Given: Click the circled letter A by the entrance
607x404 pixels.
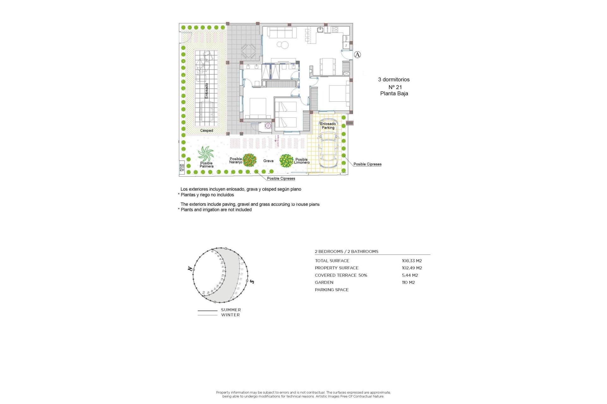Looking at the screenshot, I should tap(357, 55).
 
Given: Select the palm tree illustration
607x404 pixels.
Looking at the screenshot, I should tap(206, 154).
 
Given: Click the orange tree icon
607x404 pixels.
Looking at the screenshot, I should tap(249, 160).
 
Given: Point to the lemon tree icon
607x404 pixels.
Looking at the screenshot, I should tap(286, 161).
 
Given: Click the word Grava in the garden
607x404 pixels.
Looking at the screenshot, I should tap(268, 161).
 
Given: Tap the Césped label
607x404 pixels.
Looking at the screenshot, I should tap(206, 130).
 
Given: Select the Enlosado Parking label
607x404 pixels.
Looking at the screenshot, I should tap(328, 126).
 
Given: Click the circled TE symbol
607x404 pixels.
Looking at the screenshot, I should tap(268, 125).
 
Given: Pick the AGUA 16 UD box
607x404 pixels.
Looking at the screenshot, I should tap(182, 167).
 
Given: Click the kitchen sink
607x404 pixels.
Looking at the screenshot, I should tap(320, 30).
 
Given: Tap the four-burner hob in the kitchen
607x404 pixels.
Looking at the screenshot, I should tap(335, 30).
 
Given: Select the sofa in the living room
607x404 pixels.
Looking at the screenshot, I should tap(282, 32).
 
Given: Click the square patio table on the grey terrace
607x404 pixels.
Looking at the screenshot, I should tap(248, 51).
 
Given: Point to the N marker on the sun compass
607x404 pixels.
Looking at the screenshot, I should tap(190, 269).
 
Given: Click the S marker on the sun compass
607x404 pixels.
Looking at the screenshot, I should tap(252, 281).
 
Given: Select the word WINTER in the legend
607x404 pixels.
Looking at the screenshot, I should tap(230, 315).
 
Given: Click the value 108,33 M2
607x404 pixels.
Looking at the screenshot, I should tap(412, 261).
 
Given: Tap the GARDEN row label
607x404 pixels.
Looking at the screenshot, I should tap(324, 282).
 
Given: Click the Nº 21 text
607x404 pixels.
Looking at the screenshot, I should tap(395, 87).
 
